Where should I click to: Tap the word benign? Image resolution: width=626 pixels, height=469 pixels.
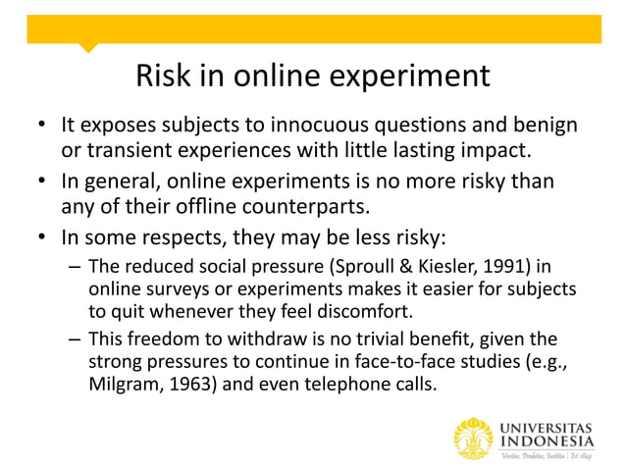point(544,126)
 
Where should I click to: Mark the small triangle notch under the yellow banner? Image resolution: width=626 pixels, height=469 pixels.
point(88,47)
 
